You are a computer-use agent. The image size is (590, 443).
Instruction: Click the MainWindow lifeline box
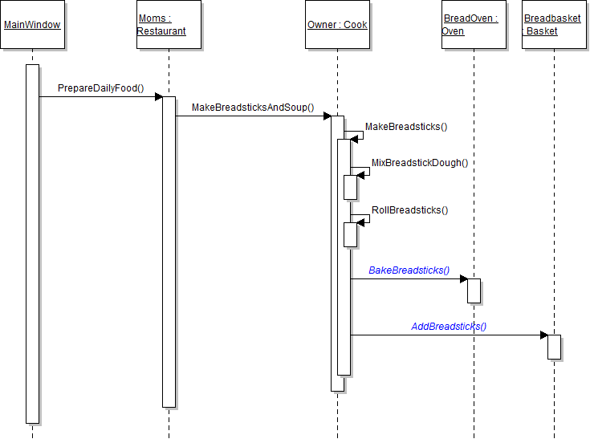[x=32, y=25]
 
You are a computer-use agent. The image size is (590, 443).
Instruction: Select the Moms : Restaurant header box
[x=169, y=25]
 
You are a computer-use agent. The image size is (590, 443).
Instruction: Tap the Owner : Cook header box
[x=337, y=25]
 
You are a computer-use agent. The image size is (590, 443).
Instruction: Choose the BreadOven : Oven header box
[x=474, y=25]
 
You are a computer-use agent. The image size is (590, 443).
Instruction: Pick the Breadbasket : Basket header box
[x=554, y=25]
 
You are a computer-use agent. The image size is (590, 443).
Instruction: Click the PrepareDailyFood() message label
[x=100, y=87]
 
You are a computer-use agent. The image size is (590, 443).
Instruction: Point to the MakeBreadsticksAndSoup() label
[x=252, y=108]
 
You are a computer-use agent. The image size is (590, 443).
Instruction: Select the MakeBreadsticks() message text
[x=406, y=126]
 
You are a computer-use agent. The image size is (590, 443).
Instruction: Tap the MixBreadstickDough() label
[x=419, y=162]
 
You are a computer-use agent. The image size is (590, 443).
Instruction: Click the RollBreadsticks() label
[x=409, y=210]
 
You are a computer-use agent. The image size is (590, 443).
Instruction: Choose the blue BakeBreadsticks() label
[x=409, y=270]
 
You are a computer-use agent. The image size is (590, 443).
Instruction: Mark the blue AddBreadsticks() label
[x=449, y=327]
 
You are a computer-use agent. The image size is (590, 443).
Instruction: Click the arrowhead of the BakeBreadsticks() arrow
[x=463, y=279]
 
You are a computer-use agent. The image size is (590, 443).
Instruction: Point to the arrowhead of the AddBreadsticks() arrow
[x=543, y=335]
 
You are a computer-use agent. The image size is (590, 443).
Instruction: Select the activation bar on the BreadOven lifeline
[x=474, y=291]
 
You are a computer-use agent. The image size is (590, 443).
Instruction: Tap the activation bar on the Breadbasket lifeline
[x=554, y=347]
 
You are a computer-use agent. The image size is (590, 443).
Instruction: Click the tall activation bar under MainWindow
[x=32, y=241]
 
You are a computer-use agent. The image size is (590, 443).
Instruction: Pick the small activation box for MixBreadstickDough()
[x=351, y=187]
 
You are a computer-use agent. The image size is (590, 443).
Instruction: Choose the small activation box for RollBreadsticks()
[x=351, y=234]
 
